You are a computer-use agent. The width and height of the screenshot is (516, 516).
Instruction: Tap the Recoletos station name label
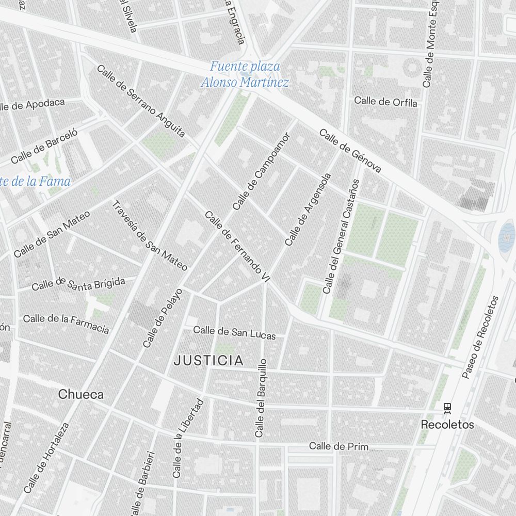447,425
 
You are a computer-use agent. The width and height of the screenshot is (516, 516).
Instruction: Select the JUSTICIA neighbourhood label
208,361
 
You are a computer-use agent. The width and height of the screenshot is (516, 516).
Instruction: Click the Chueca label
80,395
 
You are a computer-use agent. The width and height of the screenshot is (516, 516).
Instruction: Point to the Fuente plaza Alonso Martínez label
245,74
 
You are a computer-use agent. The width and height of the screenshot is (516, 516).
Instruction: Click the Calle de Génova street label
350,151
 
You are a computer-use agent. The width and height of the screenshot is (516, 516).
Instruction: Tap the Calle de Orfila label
385,102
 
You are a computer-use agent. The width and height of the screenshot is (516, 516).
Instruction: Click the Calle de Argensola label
308,209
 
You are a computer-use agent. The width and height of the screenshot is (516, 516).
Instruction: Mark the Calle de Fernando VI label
237,247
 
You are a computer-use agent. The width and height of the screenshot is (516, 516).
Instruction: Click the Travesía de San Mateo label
149,236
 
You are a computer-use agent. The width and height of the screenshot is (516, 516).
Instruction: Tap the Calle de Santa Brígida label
78,283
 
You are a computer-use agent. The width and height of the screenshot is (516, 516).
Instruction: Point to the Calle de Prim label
338,446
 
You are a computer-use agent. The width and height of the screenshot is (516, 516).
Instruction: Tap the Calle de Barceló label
44,146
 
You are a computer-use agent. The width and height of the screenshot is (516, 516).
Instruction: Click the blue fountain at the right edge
508,235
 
